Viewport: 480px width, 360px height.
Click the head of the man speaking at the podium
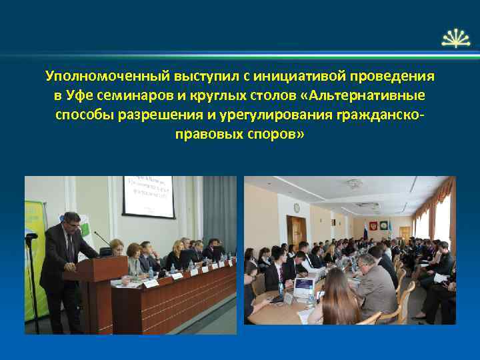(x=71, y=222)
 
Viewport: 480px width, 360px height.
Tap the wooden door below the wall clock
(x=296, y=231)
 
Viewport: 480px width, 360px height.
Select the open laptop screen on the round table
(x=304, y=286)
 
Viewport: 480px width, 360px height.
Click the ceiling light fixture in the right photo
(x=354, y=183)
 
